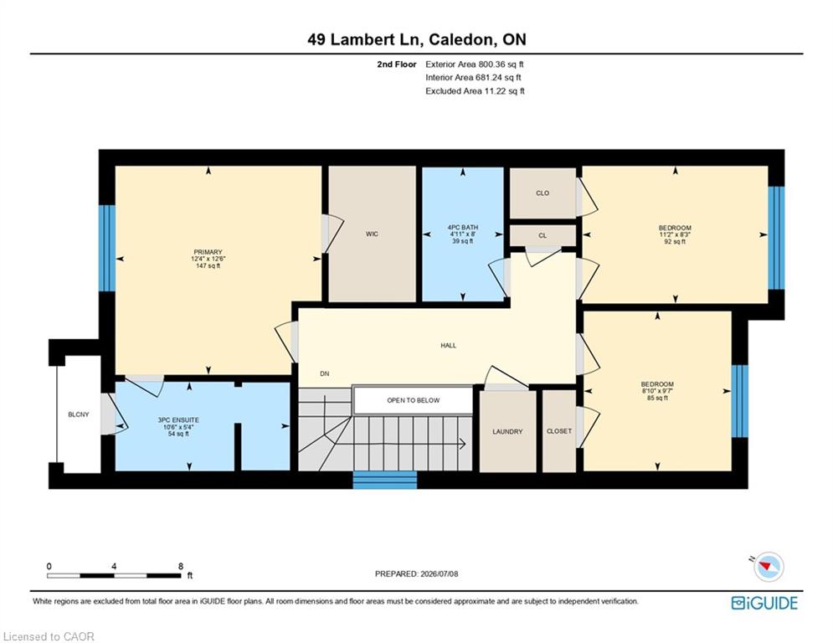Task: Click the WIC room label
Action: click(372, 234)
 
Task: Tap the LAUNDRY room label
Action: click(507, 431)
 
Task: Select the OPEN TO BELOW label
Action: click(414, 400)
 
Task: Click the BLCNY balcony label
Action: click(79, 414)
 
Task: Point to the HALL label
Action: click(449, 346)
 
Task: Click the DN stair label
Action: click(325, 373)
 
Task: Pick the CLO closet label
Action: click(542, 193)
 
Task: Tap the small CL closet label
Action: click(542, 235)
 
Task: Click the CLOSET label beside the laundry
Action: click(559, 431)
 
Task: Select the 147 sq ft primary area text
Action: click(208, 265)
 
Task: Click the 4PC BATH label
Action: click(463, 228)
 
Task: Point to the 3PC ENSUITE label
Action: click(178, 419)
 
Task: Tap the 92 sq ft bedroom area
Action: click(675, 241)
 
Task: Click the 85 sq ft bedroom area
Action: click(657, 398)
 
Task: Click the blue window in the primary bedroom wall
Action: click(107, 248)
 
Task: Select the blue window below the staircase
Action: click(385, 480)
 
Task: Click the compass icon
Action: click(769, 566)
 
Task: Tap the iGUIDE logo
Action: click(764, 603)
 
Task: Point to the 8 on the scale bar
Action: click(181, 566)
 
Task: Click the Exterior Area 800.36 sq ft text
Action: click(475, 64)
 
